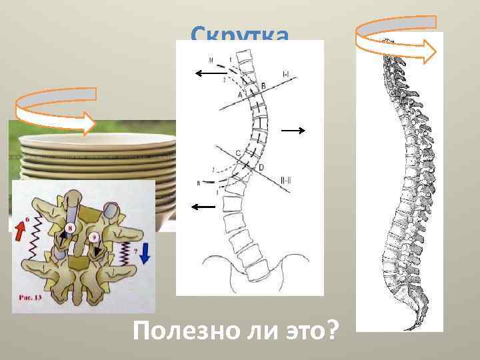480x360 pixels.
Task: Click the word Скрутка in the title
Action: pos(240,33)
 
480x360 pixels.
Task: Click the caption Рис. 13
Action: pos(31,298)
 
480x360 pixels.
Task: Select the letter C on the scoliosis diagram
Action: pos(238,153)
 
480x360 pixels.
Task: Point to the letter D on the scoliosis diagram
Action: pos(261,166)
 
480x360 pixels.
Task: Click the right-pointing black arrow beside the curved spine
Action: pos(293,131)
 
